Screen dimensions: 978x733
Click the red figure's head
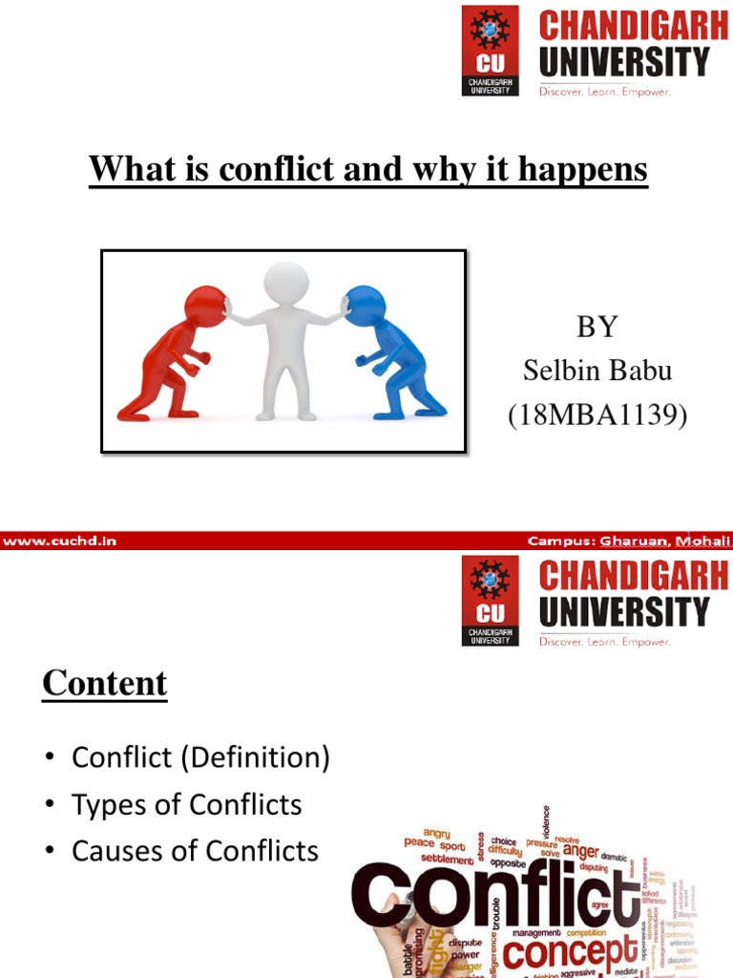(x=204, y=308)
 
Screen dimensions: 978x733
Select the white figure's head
(x=285, y=284)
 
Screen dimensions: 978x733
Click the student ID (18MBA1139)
(x=597, y=415)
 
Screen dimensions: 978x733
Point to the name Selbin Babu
(x=597, y=372)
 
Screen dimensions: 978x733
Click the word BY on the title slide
(x=597, y=327)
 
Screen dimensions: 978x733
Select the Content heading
(x=105, y=683)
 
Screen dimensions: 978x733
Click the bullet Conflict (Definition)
(x=200, y=758)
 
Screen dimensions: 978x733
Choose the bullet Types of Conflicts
(x=186, y=805)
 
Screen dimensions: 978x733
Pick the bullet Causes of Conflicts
(x=195, y=851)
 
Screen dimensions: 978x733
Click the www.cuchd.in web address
(x=59, y=541)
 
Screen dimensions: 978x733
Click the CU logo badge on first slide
(x=491, y=50)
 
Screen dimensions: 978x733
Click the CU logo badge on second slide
(x=491, y=601)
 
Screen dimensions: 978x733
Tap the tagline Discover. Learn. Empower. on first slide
(x=605, y=92)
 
